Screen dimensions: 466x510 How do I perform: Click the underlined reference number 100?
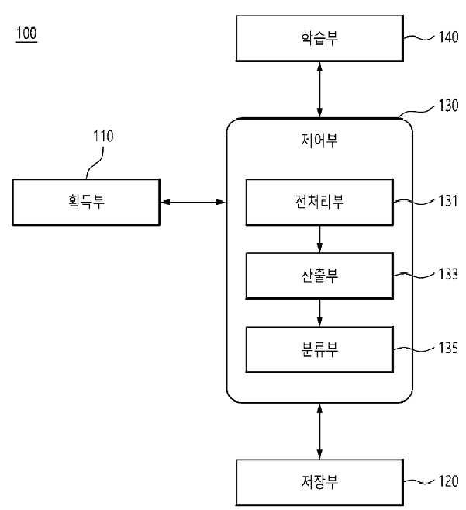(x=26, y=33)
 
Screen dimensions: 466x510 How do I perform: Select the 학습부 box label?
(x=319, y=38)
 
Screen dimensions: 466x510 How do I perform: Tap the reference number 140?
(x=448, y=36)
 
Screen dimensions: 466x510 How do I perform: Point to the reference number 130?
(x=448, y=106)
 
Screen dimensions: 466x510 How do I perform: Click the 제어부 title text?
(x=319, y=141)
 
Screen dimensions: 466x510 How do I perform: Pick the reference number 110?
(x=103, y=137)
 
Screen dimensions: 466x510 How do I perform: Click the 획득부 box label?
(x=86, y=201)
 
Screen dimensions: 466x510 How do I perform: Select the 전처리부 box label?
(x=319, y=201)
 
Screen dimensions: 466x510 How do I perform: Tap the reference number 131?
(x=448, y=201)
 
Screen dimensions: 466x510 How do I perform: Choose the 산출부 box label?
(x=319, y=276)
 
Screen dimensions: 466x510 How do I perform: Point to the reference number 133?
(x=448, y=274)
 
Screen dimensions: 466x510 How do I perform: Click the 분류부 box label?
(x=319, y=349)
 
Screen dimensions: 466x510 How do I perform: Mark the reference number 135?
(x=448, y=348)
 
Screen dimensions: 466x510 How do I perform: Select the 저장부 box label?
(x=319, y=482)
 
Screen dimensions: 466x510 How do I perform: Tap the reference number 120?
(x=448, y=481)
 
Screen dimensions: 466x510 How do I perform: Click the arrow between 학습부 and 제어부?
(x=319, y=89)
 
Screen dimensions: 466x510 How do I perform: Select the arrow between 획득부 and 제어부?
(x=193, y=203)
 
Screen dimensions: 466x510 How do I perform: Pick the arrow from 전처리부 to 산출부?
(x=319, y=239)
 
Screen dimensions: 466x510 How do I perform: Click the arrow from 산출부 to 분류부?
(x=319, y=313)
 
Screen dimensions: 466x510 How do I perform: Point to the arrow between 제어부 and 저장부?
(x=319, y=432)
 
